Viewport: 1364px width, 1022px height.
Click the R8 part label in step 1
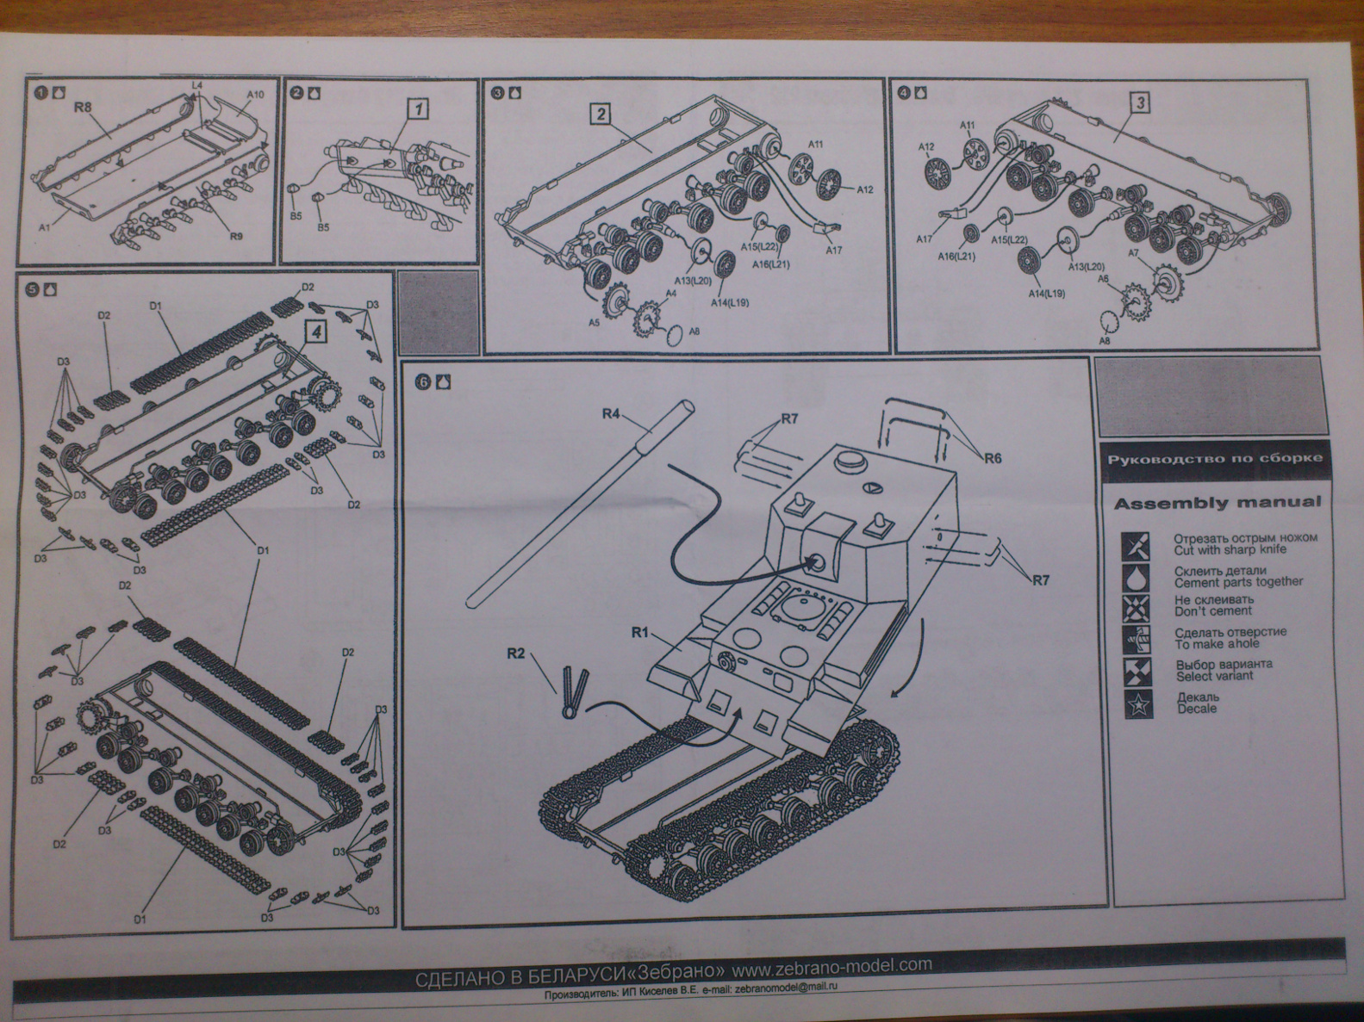pyautogui.click(x=83, y=108)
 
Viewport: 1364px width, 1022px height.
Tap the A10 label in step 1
pyautogui.click(x=255, y=94)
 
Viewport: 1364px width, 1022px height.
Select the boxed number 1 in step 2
pyautogui.click(x=418, y=109)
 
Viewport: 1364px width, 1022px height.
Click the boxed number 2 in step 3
pyautogui.click(x=601, y=115)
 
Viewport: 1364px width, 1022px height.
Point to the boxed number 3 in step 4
pyautogui.click(x=1139, y=104)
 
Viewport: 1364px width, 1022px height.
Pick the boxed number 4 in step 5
pyautogui.click(x=316, y=331)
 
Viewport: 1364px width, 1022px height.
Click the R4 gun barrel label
pyautogui.click(x=611, y=414)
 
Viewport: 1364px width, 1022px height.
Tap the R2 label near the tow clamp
pyautogui.click(x=515, y=653)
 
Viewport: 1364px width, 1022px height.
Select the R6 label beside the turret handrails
pyautogui.click(x=993, y=458)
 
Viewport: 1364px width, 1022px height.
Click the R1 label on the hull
pyautogui.click(x=639, y=633)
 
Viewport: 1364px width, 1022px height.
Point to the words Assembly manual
pyautogui.click(x=1217, y=503)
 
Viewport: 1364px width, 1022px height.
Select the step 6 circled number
pyautogui.click(x=422, y=382)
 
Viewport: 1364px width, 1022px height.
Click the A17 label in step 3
pyautogui.click(x=833, y=251)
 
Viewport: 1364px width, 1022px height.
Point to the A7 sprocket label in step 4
pyautogui.click(x=1133, y=253)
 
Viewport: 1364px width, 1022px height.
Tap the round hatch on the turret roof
pyautogui.click(x=850, y=460)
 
